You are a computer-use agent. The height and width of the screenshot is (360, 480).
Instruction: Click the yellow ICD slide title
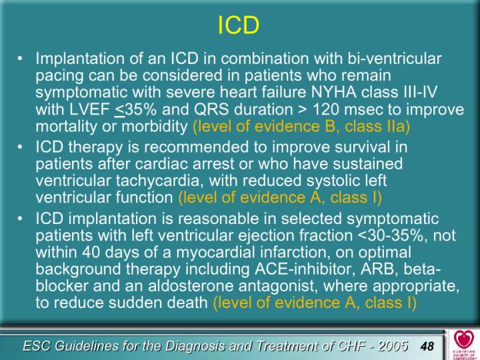pyautogui.click(x=239, y=25)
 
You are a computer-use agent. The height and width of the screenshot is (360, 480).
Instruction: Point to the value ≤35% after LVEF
pyautogui.click(x=135, y=109)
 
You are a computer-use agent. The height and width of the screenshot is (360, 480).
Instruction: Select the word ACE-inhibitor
pyautogui.click(x=305, y=269)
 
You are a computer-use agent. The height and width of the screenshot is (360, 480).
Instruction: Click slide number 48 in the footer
pyautogui.click(x=427, y=346)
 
